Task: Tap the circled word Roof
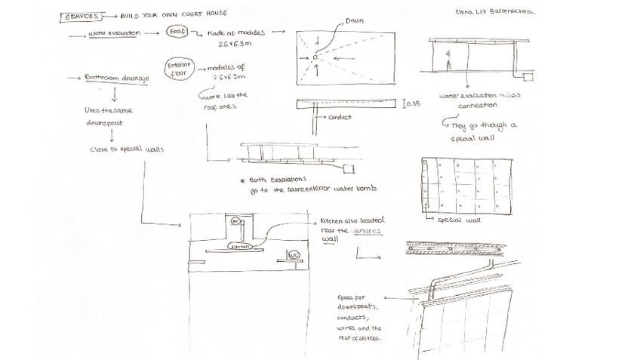tap(177, 32)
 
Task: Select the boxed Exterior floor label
tap(179, 69)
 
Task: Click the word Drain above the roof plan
tap(355, 20)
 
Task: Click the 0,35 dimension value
tap(413, 103)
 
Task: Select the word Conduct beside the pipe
tap(340, 118)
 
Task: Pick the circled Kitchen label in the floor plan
tap(240, 247)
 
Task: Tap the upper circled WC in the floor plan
tap(235, 221)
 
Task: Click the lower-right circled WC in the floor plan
tap(294, 256)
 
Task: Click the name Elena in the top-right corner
tap(466, 12)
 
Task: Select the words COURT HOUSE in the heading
tap(202, 14)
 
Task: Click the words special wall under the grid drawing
tap(460, 220)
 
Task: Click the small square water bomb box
tap(350, 168)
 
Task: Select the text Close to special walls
tap(127, 149)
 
